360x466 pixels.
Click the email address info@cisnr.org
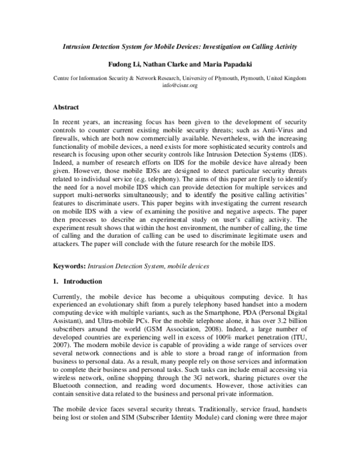180,86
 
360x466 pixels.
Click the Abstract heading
67,107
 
